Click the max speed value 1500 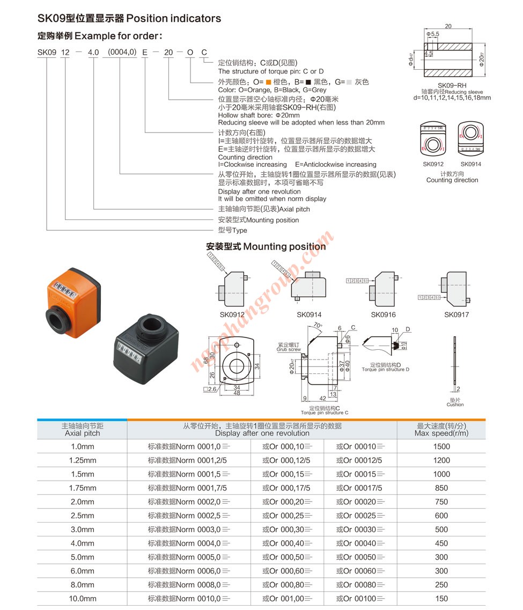(x=441, y=446)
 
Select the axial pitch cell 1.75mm (x=83, y=488)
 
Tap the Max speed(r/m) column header (x=441, y=430)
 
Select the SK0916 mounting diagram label (x=383, y=315)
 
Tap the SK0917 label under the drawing (x=456, y=315)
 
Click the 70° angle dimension (x=317, y=326)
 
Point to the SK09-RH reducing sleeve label (x=452, y=86)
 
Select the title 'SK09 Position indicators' (x=129, y=18)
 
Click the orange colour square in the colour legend (x=268, y=82)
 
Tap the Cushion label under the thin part (x=455, y=402)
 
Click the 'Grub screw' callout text (x=289, y=348)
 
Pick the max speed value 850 (x=441, y=488)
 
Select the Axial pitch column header (x=83, y=430)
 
